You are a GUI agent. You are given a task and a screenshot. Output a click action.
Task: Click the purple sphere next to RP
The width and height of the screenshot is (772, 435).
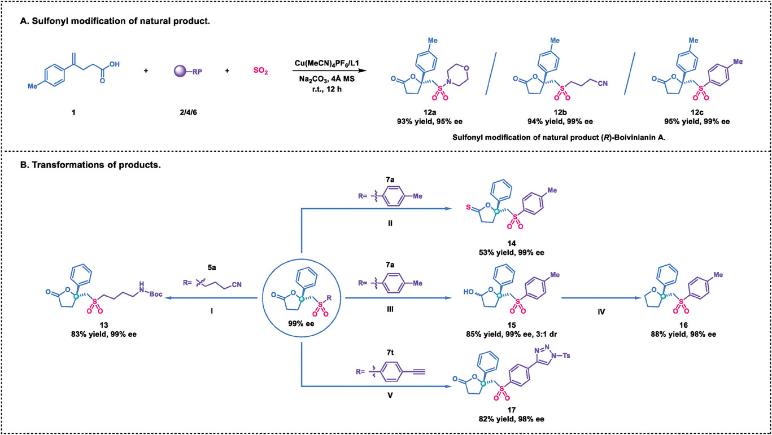pos(180,71)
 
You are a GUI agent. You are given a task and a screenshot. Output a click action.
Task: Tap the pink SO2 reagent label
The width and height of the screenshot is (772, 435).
pos(260,71)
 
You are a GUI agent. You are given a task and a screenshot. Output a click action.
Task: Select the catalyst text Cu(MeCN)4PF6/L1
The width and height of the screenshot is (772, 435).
pos(327,64)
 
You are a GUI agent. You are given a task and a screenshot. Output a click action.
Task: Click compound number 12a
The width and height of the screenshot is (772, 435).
pos(430,112)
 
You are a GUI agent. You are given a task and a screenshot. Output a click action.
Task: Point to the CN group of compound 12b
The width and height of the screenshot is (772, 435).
pos(603,84)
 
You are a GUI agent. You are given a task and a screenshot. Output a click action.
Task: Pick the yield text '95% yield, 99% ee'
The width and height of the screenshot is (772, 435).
pos(697,121)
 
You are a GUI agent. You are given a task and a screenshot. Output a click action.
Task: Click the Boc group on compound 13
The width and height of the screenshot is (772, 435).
pos(156,294)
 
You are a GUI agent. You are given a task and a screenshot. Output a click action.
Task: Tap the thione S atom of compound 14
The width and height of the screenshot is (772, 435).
pos(468,207)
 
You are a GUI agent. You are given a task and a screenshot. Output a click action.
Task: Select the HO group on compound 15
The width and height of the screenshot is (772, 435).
pos(469,292)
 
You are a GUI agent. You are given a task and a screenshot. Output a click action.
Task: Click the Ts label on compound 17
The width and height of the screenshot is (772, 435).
pos(566,355)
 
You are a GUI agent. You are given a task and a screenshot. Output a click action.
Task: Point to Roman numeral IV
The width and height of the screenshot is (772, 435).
pos(601,311)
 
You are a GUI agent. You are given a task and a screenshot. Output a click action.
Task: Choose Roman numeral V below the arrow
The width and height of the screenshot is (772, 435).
pos(390,396)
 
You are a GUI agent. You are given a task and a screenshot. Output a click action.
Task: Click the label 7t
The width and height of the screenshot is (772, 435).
pos(390,352)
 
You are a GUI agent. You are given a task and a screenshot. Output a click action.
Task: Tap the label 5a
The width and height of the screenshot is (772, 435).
pos(212,267)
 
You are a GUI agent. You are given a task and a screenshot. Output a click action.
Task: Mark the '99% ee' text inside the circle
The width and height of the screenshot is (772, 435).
pos(301,324)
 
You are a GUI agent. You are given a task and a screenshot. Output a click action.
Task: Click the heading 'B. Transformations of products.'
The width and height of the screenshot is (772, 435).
pos(91,165)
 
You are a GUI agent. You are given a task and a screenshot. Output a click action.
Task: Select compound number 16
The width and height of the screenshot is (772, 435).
pos(683,325)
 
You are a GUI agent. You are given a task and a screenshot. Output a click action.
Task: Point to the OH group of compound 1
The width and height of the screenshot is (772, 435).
pos(115,64)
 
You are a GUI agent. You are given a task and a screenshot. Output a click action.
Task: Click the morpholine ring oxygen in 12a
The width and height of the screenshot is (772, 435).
pos(466,68)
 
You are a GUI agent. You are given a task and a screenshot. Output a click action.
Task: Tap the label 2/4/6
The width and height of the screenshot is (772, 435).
pos(188,112)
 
